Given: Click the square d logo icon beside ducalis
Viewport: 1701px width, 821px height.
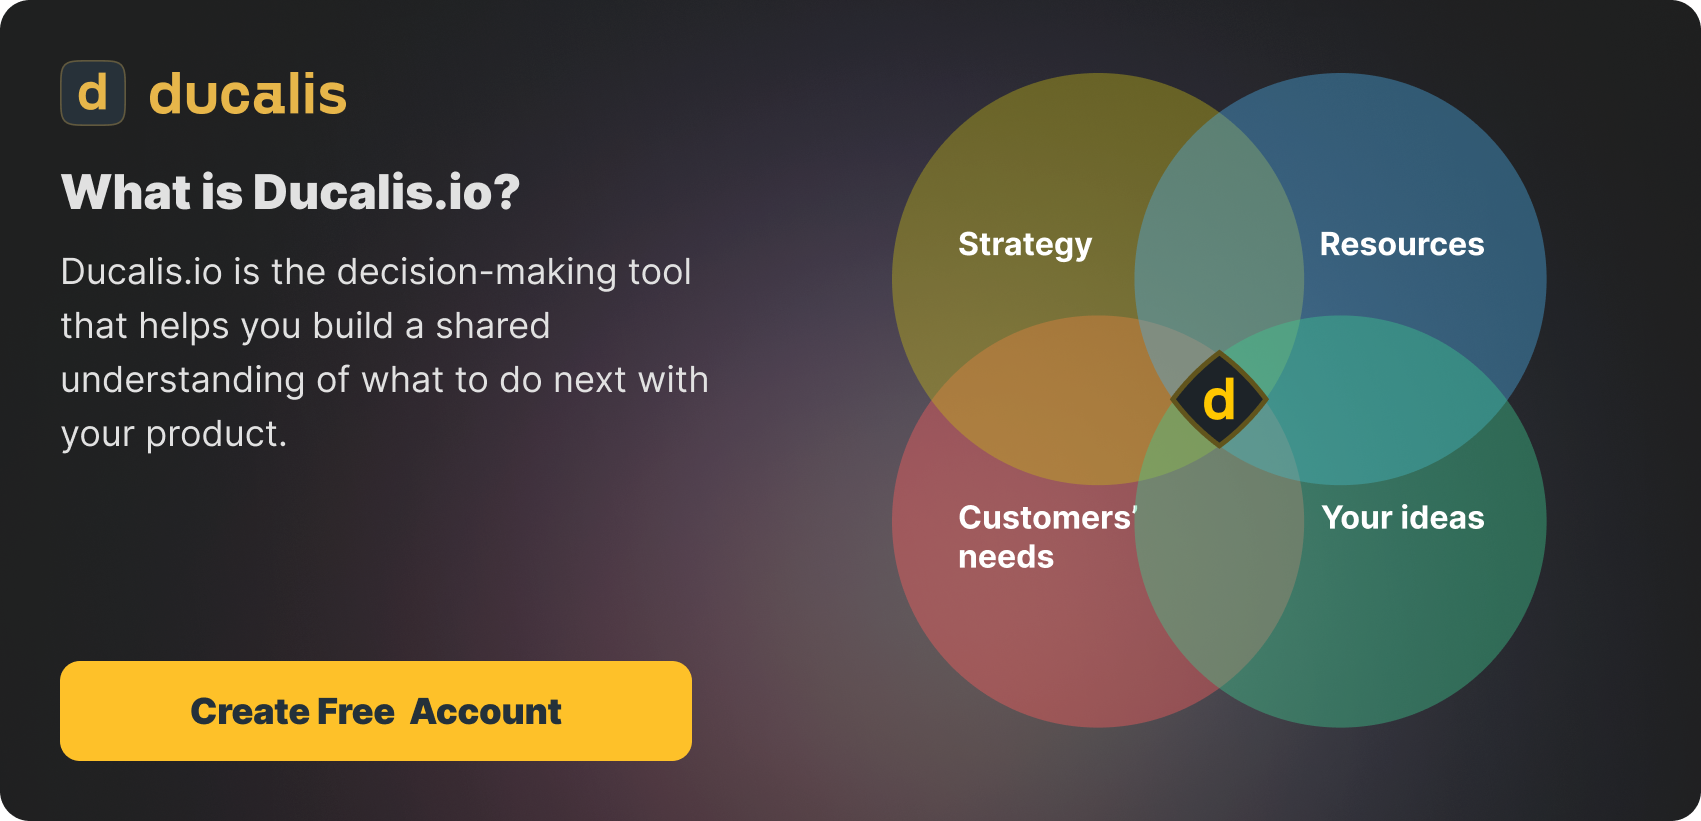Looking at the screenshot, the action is click(x=93, y=93).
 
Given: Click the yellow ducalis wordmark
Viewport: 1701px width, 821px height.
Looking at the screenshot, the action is click(x=248, y=94).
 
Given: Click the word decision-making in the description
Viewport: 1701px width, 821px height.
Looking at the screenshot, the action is click(x=477, y=273).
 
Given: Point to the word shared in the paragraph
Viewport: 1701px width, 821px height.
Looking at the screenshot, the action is click(x=493, y=326).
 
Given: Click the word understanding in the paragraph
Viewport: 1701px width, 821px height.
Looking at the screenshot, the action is click(x=183, y=381).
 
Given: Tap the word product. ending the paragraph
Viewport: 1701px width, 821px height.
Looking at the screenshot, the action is click(x=216, y=435).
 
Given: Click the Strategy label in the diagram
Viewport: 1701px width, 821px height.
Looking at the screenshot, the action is click(x=1025, y=245).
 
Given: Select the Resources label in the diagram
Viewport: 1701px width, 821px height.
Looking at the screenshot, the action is click(x=1402, y=245).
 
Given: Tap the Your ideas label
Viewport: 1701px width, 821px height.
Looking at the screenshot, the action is click(x=1403, y=517).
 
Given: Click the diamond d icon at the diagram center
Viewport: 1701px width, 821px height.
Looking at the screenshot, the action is click(x=1219, y=399).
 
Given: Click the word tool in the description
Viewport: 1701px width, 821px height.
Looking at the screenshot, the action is click(x=660, y=272).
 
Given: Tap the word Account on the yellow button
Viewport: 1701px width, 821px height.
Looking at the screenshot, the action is click(x=485, y=712).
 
